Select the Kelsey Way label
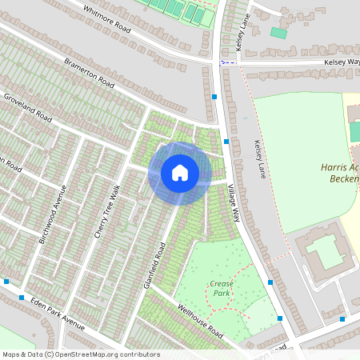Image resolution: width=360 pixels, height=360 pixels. click(x=342, y=62)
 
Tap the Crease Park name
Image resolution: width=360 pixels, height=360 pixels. click(x=221, y=288)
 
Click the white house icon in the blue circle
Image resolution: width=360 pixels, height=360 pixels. click(x=180, y=173)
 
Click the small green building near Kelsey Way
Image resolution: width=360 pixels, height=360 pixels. click(x=278, y=33)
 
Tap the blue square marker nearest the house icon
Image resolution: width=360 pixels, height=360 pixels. click(x=226, y=141)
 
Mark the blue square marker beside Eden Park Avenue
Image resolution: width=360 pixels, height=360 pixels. click(x=7, y=282)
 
